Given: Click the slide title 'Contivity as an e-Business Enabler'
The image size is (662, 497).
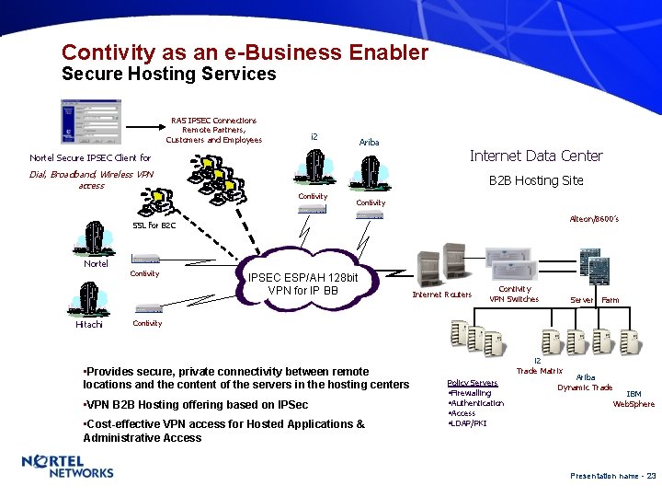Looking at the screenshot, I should pyautogui.click(x=245, y=52).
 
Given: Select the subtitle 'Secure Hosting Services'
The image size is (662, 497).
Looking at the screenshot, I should pyautogui.click(x=168, y=75).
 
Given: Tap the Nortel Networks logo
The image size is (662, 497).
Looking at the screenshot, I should pyautogui.click(x=67, y=467).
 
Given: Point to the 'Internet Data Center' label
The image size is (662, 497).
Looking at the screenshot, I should pyautogui.click(x=536, y=156).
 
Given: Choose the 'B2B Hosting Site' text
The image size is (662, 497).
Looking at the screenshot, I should pyautogui.click(x=535, y=180).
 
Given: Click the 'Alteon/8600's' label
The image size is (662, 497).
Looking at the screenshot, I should pyautogui.click(x=594, y=219).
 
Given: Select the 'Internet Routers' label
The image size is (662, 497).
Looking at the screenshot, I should pyautogui.click(x=441, y=295).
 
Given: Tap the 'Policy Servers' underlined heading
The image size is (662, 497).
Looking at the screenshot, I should pyautogui.click(x=472, y=383).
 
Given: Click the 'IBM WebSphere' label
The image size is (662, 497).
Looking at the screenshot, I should pyautogui.click(x=633, y=399).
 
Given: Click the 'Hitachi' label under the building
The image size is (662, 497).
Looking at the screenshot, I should pyautogui.click(x=89, y=324).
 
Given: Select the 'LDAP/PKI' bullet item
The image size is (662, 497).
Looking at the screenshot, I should pyautogui.click(x=469, y=422).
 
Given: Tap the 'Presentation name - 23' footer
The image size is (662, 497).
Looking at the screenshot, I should pyautogui.click(x=612, y=476).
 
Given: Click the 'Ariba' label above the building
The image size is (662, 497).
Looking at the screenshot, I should pyautogui.click(x=369, y=143).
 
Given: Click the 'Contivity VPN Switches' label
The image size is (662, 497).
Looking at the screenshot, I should pyautogui.click(x=514, y=294).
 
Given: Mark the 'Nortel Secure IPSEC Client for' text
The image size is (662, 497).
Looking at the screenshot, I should pyautogui.click(x=90, y=158).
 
